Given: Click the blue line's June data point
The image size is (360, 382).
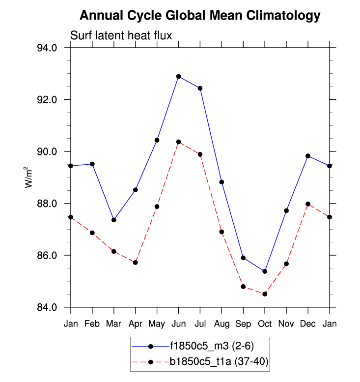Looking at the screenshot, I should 179,76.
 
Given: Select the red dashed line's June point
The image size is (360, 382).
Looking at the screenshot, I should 179,142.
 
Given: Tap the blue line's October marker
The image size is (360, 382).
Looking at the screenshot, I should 265,271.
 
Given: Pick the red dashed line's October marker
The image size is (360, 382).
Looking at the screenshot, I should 265,294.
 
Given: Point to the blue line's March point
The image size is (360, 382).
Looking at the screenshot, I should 114,220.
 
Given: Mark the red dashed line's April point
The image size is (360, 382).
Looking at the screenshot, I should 136,263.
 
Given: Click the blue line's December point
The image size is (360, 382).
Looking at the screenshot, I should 308,156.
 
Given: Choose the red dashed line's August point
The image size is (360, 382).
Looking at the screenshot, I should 222,232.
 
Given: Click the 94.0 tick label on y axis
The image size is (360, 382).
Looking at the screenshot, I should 48,48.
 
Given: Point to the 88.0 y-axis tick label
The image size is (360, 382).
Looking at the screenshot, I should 48,204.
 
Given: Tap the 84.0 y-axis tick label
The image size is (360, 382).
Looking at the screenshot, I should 48,307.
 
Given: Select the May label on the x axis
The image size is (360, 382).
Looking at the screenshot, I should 157,323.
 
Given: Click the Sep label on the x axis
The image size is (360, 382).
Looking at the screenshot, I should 243,323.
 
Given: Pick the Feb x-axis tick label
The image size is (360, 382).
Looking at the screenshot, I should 92,323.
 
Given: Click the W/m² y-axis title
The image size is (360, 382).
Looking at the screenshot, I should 29,177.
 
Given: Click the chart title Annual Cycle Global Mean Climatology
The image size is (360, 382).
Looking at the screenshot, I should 200,15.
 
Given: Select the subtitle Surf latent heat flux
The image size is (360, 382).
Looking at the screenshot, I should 120,35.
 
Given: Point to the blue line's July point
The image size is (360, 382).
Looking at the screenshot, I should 200,88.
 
